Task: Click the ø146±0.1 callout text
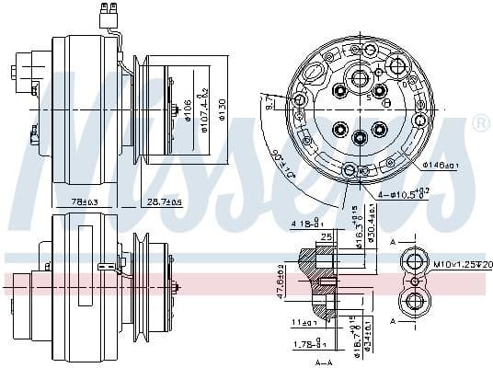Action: tap(443, 166)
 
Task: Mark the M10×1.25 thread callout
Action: tap(462, 265)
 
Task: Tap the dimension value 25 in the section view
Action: tap(327, 238)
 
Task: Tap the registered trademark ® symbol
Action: tap(480, 122)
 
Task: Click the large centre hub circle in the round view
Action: tap(360, 138)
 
